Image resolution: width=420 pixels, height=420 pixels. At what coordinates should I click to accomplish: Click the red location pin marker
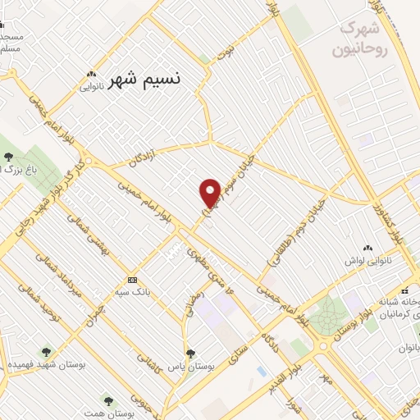coord(210,193)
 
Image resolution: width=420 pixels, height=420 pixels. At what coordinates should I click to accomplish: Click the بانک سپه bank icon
coord(131,280)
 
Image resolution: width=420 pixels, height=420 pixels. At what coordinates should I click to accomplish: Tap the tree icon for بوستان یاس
coord(189,353)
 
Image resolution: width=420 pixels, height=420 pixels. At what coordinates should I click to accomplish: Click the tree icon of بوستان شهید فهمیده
coord(45,351)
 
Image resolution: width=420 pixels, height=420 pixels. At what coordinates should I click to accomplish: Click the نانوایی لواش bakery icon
coord(366,246)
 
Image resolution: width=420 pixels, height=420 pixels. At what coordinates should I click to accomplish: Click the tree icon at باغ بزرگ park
coord(8,156)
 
